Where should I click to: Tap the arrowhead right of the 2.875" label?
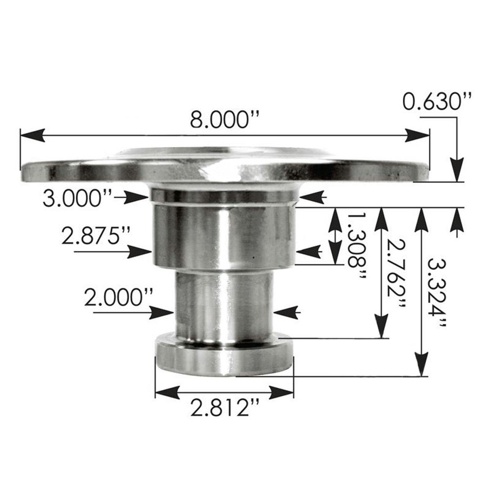(142, 252)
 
